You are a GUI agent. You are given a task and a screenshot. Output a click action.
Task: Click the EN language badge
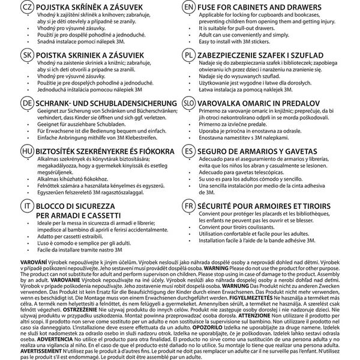[189, 7]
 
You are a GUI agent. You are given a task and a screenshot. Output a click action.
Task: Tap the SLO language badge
[189, 103]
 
